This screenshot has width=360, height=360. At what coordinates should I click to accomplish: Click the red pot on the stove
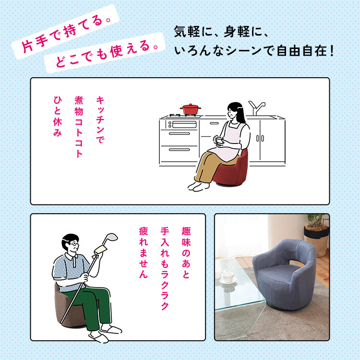click(191, 109)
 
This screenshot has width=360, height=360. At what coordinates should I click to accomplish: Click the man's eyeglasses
click(73, 244)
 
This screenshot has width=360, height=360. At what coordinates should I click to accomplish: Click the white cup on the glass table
click(228, 276)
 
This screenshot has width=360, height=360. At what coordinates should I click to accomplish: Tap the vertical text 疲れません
click(143, 252)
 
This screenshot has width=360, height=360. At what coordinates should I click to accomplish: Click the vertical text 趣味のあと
click(186, 252)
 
